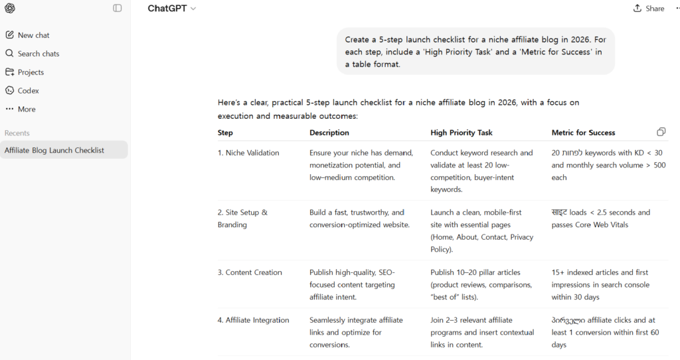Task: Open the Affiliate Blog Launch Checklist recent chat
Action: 54,150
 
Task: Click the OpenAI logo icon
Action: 10,9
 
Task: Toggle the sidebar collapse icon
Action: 118,9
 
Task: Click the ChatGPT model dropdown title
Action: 172,9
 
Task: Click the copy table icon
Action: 661,132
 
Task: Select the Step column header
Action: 225,133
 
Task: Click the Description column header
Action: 329,133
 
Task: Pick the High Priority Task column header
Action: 462,133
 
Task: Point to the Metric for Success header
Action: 583,133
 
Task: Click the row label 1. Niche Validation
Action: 248,153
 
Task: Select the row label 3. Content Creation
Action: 250,272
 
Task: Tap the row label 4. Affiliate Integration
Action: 253,320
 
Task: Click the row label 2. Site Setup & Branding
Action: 242,219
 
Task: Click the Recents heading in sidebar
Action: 17,134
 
